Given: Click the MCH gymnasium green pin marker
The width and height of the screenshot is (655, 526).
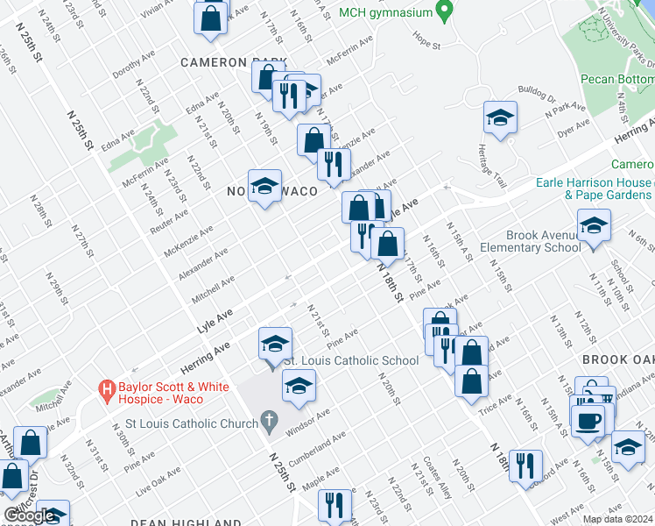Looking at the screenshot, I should pyautogui.click(x=444, y=12).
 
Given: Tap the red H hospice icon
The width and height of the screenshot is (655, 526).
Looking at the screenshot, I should pyautogui.click(x=108, y=387).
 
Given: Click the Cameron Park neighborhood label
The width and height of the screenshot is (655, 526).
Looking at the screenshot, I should pyautogui.click(x=233, y=62).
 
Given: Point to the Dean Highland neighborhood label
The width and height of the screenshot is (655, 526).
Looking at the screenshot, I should pyautogui.click(x=186, y=522).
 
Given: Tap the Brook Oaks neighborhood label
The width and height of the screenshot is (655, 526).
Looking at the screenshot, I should pyautogui.click(x=618, y=359).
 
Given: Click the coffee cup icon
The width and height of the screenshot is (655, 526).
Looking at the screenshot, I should pyautogui.click(x=587, y=419).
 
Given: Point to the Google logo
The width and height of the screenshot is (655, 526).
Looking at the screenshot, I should pyautogui.click(x=28, y=515).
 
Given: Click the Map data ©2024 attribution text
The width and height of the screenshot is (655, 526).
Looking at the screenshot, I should pyautogui.click(x=617, y=519).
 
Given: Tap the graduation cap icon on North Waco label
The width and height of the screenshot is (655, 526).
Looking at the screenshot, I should pyautogui.click(x=264, y=186).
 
